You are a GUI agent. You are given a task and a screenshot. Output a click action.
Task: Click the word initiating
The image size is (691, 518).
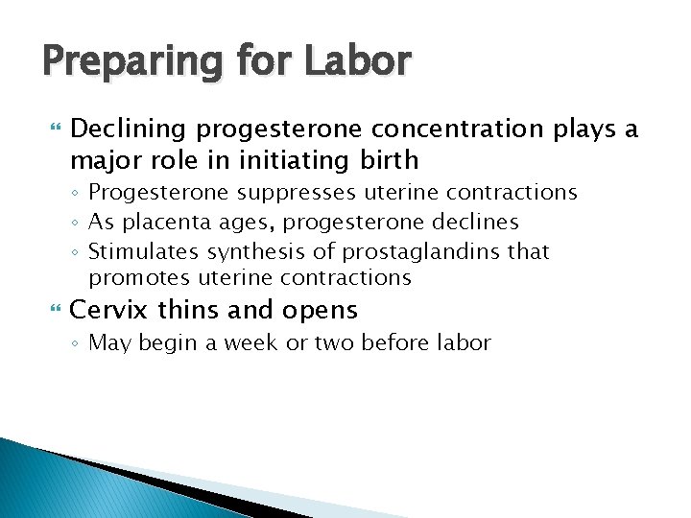[x=314, y=159]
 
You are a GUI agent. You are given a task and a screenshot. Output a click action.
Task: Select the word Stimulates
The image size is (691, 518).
[x=133, y=251]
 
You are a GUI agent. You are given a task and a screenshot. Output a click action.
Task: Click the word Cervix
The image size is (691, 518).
[x=104, y=311]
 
